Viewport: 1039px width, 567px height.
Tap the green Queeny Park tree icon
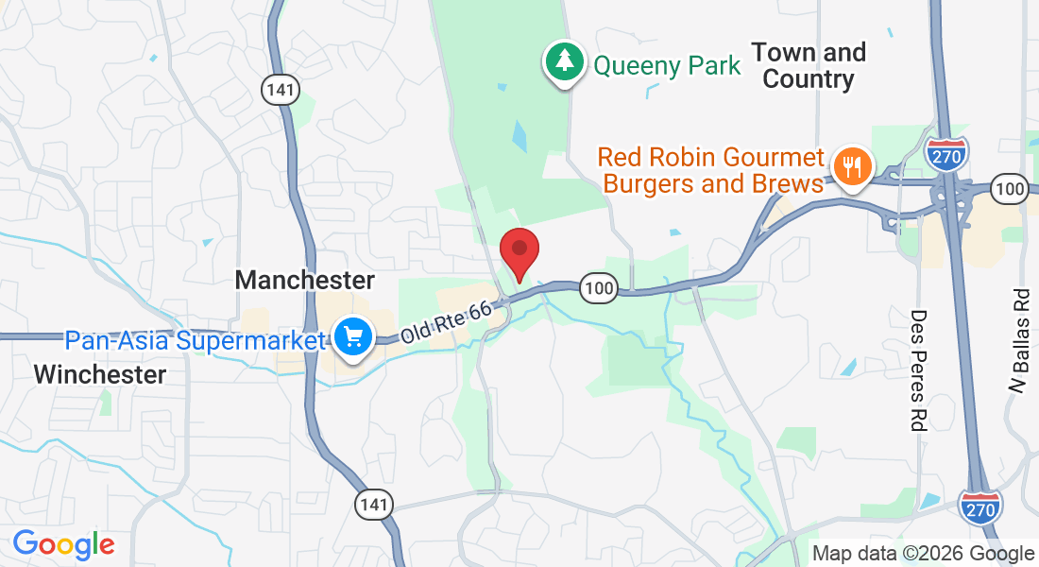[x=565, y=61]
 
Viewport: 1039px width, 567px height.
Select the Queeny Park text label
[x=667, y=65]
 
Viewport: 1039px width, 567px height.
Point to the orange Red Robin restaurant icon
[x=853, y=167]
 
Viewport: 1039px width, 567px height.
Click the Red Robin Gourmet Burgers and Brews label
[x=713, y=169]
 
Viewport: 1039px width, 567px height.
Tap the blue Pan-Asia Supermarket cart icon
[x=353, y=335]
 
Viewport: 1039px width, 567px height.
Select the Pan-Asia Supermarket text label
[x=194, y=340]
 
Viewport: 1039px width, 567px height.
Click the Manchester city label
[x=305, y=280]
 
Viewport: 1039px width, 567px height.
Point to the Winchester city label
[x=100, y=374]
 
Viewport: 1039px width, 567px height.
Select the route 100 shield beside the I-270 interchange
[x=1011, y=189]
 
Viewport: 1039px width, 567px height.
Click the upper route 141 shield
[x=281, y=90]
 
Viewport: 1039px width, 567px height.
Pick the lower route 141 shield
[x=374, y=505]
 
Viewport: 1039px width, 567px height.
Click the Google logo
[x=64, y=544]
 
